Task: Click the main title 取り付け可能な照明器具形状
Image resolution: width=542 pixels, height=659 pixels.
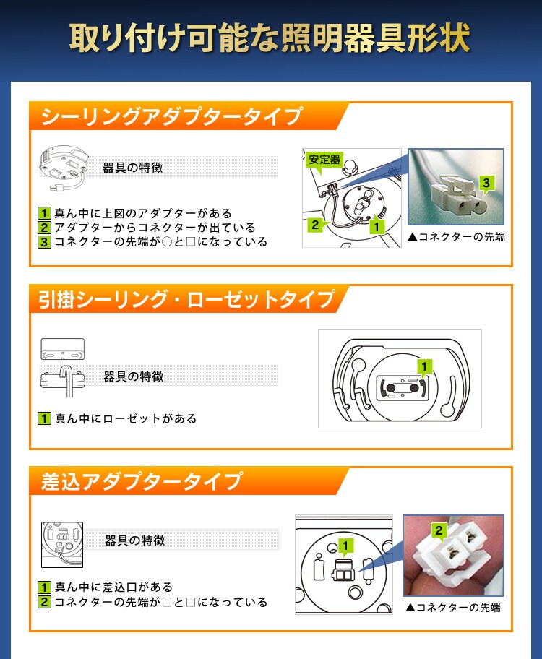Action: (270, 38)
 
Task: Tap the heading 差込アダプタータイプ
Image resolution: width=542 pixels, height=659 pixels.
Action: (142, 481)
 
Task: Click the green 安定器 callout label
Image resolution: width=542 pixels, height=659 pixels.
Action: (324, 160)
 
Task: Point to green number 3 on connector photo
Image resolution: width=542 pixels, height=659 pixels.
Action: (486, 184)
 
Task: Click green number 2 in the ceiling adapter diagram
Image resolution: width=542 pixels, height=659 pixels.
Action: (315, 225)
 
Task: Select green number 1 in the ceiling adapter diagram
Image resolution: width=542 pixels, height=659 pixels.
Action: (375, 226)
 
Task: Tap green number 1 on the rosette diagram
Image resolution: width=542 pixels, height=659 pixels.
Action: (425, 366)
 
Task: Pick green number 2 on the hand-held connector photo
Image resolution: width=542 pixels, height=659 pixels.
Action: (439, 531)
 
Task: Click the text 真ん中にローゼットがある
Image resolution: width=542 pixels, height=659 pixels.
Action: (126, 418)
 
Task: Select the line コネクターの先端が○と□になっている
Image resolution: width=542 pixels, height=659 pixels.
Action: (160, 242)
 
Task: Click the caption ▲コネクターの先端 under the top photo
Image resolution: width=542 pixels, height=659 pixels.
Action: (456, 236)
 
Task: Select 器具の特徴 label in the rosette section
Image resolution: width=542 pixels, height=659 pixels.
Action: (134, 376)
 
